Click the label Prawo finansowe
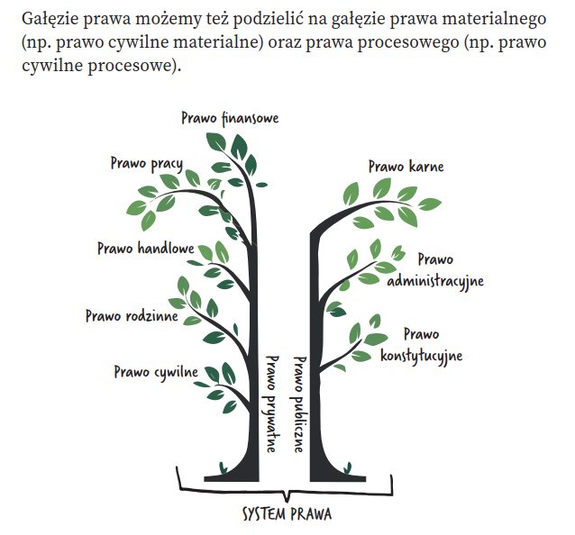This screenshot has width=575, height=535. (x=230, y=118)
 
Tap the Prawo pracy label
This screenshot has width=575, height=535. (x=146, y=164)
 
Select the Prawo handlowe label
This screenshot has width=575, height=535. (x=145, y=248)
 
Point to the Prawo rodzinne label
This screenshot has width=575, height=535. (x=132, y=316)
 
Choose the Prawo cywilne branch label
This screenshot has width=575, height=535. (x=156, y=371)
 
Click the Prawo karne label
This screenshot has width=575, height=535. (x=406, y=167)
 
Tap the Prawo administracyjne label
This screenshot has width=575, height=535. (x=435, y=270)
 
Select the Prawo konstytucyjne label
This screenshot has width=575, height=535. (x=421, y=345)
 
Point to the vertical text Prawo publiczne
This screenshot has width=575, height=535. (x=299, y=403)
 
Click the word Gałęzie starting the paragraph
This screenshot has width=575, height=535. (x=49, y=18)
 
